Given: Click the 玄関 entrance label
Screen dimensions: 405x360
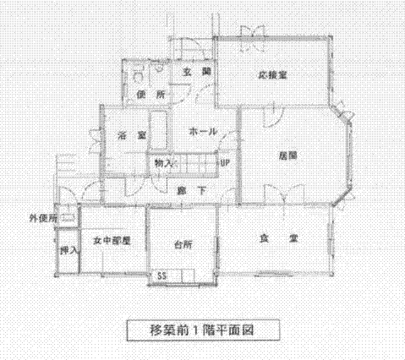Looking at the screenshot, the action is coord(197,72).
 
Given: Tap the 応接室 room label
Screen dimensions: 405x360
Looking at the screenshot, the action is coord(273,75).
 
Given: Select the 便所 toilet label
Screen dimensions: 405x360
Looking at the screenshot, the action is coord(151,95).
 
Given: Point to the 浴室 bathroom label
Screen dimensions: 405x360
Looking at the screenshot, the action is coord(132,136).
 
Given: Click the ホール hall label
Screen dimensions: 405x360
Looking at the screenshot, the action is coord(203,132).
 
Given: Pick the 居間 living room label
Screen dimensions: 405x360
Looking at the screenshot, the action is coord(288,155).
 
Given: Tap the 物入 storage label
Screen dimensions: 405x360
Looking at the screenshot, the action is coord(163,163).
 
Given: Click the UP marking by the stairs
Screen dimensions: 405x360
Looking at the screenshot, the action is coord(225,163).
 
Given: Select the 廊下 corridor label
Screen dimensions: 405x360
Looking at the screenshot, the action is coord(192,191).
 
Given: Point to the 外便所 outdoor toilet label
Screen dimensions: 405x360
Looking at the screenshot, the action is coord(43,218).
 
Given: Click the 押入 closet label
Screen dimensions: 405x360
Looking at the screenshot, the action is coord(68,250).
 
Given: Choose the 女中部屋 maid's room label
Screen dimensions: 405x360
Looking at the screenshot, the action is coord(112,241).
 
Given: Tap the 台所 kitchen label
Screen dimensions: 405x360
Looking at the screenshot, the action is coord(183,244).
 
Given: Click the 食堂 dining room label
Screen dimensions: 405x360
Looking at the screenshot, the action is coord(278,238).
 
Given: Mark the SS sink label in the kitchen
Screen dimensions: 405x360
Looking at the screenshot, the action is coord(161,275).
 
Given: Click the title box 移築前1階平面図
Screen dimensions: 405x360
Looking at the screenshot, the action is coord(203,330).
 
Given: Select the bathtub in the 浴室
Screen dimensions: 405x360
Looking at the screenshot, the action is coord(158,130).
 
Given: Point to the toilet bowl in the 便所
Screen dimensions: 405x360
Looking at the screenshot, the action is coord(137,75).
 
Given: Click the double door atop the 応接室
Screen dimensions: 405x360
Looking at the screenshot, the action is coord(253,39).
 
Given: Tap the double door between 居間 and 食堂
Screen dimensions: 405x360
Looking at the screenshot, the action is coord(284,194).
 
